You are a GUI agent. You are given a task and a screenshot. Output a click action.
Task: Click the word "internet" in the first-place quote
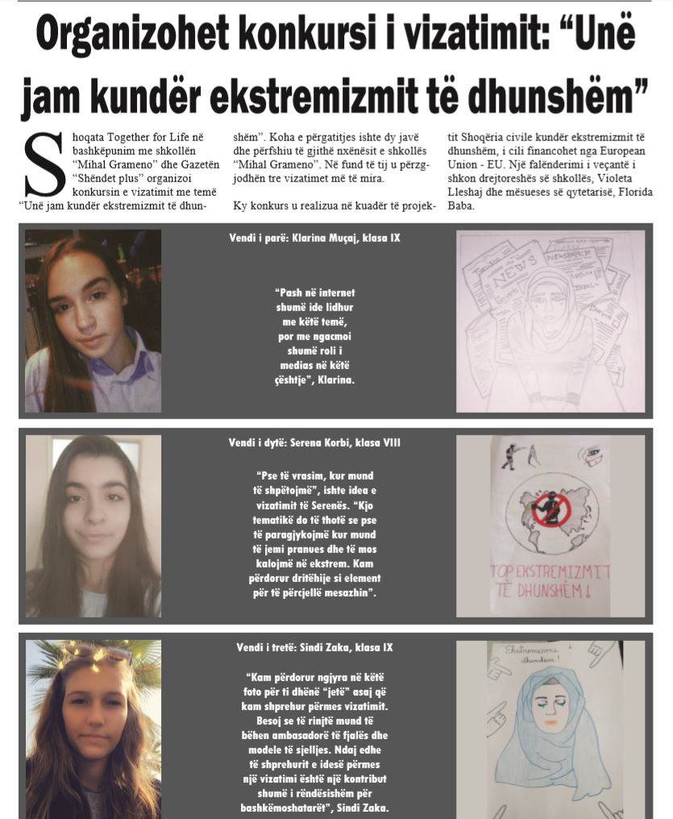click(x=336, y=293)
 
